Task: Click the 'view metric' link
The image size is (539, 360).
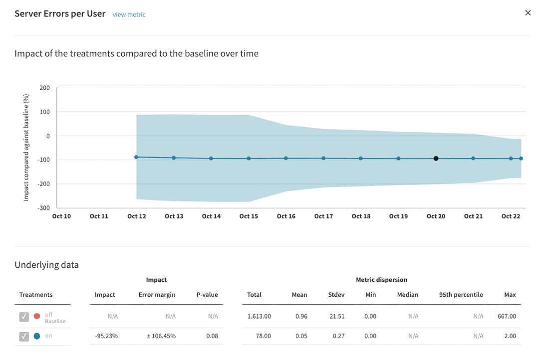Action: (129, 14)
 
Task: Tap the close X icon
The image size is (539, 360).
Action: (528, 12)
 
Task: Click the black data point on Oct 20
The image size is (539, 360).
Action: (436, 159)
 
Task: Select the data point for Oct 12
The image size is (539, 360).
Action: (136, 157)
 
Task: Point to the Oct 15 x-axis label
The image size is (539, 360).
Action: (249, 216)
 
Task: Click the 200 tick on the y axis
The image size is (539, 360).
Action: (45, 88)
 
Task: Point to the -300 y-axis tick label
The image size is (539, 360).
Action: (43, 208)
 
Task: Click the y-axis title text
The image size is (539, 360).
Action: (26, 148)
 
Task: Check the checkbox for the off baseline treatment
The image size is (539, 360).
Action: (24, 317)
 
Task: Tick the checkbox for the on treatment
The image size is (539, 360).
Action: (24, 336)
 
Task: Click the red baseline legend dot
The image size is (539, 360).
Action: (37, 316)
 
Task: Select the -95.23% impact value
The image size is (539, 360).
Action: (106, 336)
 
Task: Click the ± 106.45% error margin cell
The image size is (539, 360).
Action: (161, 336)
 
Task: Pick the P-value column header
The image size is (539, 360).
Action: (207, 295)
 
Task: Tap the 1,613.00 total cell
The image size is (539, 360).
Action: (259, 316)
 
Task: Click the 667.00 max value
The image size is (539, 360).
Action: (507, 316)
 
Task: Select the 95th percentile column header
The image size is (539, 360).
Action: (461, 295)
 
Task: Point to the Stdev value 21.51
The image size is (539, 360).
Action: (337, 316)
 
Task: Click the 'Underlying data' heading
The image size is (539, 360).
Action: (47, 265)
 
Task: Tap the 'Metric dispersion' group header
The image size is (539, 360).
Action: (382, 280)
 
